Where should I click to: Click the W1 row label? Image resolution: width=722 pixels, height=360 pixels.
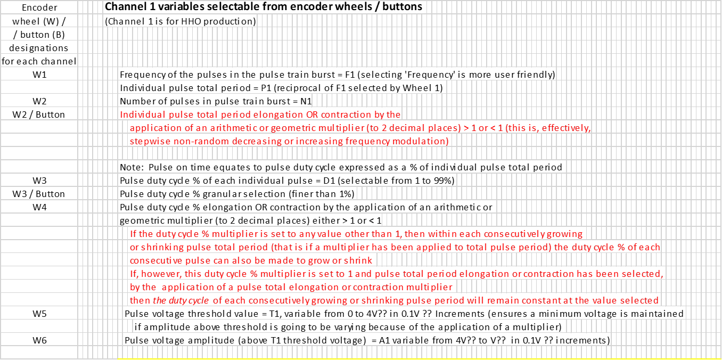point(39,75)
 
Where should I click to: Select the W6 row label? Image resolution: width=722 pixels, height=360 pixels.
point(39,340)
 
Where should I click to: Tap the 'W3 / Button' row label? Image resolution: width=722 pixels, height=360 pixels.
point(39,194)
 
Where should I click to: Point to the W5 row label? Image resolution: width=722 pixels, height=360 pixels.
point(39,314)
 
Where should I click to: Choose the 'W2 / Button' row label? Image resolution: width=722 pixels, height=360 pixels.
point(39,114)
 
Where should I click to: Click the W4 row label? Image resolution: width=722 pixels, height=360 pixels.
point(39,207)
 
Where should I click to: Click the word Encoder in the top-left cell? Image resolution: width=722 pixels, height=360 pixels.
point(39,7)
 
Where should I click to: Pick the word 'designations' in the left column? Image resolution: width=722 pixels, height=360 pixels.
point(39,48)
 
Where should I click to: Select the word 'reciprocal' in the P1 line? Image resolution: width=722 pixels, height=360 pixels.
point(297,88)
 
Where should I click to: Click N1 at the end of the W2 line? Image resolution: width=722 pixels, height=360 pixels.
point(306,102)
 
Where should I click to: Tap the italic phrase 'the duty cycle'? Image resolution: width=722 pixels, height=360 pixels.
point(181,301)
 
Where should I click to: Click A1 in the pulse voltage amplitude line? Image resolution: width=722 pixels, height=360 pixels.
point(384,340)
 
